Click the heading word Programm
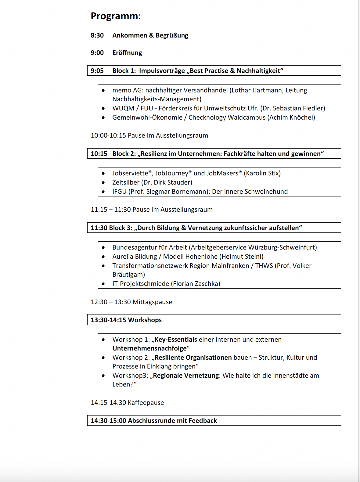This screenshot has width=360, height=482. (x=114, y=16)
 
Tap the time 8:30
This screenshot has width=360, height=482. (x=97, y=35)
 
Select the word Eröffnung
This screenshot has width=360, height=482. (x=127, y=53)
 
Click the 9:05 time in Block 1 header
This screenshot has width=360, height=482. (x=97, y=71)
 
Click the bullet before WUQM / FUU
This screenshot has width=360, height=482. (x=103, y=108)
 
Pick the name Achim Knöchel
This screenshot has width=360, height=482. (x=291, y=117)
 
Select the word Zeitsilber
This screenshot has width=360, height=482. (x=126, y=182)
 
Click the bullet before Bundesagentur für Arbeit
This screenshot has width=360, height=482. (x=103, y=247)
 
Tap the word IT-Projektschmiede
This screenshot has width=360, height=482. (x=141, y=284)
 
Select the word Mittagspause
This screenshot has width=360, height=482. (x=152, y=302)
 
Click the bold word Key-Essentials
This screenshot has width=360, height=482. (x=176, y=340)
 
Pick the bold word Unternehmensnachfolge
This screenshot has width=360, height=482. (x=149, y=348)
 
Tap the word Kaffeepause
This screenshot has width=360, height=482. (x=146, y=403)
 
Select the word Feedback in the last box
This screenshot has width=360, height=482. (x=203, y=421)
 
